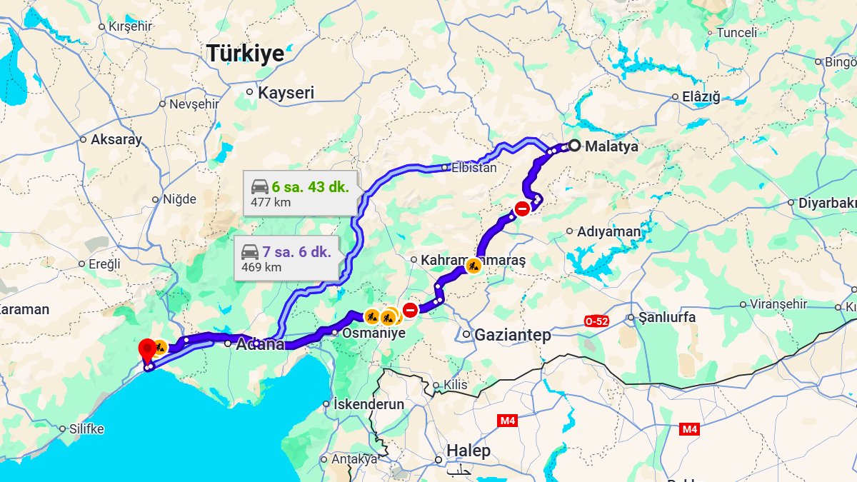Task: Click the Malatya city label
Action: pyautogui.click(x=611, y=146)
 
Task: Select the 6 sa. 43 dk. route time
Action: pyautogui.click(x=310, y=187)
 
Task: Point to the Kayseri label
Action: pyautogui.click(x=286, y=93)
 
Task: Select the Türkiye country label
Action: pyautogui.click(x=245, y=54)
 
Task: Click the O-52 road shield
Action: pyautogui.click(x=596, y=321)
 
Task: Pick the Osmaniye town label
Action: pyautogui.click(x=374, y=333)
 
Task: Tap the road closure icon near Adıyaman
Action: pyautogui.click(x=522, y=209)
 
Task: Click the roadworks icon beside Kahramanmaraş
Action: pyautogui.click(x=473, y=266)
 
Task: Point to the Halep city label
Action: pyautogui.click(x=468, y=451)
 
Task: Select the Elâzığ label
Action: pyautogui.click(x=701, y=97)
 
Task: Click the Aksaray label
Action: pyautogui.click(x=116, y=140)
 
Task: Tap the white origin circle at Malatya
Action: pyautogui.click(x=573, y=146)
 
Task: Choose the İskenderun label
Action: pyautogui.click(x=369, y=404)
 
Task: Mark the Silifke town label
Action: pyautogui.click(x=86, y=429)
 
